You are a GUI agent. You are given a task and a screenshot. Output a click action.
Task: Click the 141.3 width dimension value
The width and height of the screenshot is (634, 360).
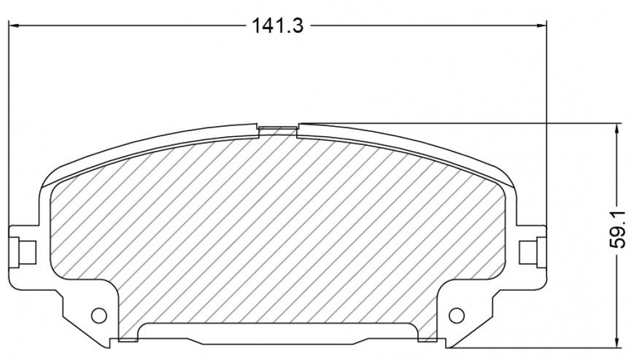278,26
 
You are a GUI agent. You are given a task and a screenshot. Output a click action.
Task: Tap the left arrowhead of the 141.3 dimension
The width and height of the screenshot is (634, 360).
13,26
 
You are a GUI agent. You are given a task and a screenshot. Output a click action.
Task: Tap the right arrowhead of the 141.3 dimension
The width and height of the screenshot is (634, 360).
541,26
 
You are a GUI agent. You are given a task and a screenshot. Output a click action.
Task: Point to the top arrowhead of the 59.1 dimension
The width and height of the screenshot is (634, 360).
617,129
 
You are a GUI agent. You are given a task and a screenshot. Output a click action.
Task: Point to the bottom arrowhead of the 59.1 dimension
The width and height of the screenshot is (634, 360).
617,342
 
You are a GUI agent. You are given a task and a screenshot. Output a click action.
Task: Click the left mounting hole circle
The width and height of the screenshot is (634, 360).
99,315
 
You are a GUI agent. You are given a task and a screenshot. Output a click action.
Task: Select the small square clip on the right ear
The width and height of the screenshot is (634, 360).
528,252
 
